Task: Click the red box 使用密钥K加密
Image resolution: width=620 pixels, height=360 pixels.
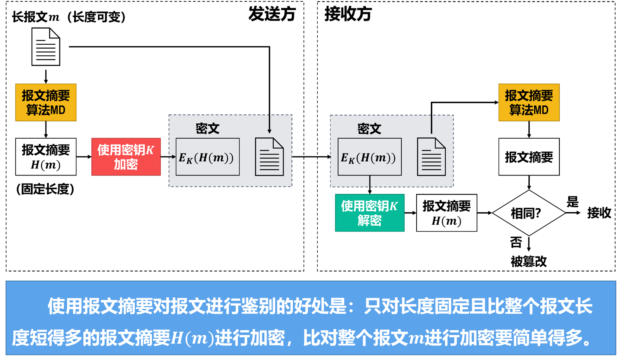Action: tap(126, 157)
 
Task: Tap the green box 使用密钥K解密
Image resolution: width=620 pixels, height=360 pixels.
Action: tap(369, 213)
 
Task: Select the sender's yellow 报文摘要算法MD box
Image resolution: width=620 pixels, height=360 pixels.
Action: tap(46, 102)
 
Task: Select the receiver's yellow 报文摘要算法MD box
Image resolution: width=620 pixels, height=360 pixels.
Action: tap(529, 102)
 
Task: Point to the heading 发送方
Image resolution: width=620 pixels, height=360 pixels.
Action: tap(272, 14)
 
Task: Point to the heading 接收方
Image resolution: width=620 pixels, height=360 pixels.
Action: tap(348, 14)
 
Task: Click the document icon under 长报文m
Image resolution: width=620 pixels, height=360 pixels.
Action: tap(46, 47)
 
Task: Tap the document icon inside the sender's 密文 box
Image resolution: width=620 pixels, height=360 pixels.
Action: tap(269, 157)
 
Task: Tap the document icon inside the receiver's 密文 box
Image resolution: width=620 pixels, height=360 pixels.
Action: tap(431, 157)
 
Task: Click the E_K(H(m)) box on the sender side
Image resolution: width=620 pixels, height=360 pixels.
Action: tap(207, 157)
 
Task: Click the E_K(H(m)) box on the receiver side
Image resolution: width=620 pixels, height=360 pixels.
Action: tap(369, 157)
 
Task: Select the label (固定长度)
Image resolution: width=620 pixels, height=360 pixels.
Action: tap(45, 189)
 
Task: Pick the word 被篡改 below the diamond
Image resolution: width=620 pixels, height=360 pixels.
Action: tap(528, 262)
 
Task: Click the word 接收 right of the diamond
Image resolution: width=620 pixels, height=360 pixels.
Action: tap(599, 213)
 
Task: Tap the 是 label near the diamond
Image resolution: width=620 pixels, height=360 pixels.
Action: tap(572, 202)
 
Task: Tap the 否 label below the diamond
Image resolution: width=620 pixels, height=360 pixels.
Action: tap(516, 243)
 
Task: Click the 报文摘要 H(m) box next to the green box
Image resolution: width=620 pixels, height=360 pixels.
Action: tap(446, 213)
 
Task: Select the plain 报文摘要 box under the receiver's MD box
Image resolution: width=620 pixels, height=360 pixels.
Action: tap(529, 157)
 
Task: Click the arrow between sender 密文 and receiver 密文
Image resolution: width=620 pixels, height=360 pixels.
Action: tap(311, 157)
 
